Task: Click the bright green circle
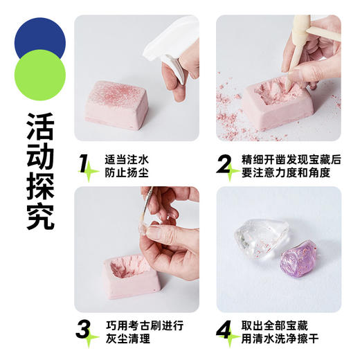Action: (39, 75)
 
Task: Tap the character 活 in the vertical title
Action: (40, 124)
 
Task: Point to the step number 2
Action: (225, 164)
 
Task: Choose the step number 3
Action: (84, 331)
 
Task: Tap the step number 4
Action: (225, 331)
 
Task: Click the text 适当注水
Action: (126, 159)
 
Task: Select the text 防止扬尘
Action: (126, 172)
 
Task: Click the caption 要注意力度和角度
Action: (291, 172)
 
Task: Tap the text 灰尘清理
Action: (126, 338)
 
